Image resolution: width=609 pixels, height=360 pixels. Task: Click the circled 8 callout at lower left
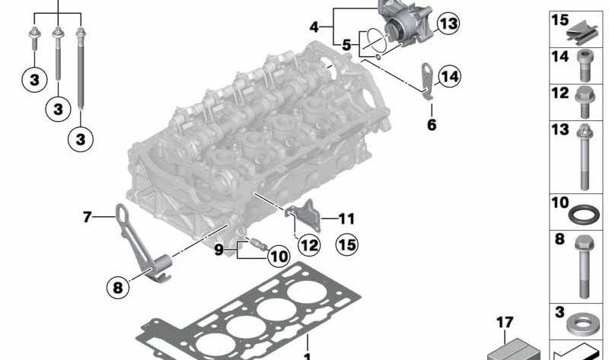(118, 288)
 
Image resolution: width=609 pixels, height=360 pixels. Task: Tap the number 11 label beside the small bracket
(346, 219)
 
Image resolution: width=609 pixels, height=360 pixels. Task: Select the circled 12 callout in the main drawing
(308, 245)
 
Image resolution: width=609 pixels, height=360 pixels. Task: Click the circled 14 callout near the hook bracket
(449, 76)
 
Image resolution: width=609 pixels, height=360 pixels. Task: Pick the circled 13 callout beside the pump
(448, 24)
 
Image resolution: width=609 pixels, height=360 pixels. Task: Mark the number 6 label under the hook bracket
(432, 124)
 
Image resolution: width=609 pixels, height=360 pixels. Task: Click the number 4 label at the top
(314, 27)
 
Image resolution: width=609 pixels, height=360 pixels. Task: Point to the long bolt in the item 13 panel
(583, 158)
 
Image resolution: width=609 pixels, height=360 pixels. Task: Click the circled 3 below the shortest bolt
(34, 80)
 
